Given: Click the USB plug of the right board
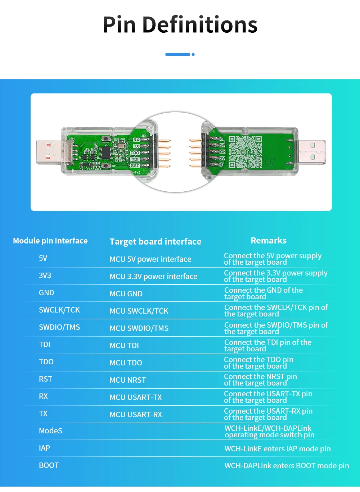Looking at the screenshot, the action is point(312,151).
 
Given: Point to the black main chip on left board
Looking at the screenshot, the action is point(106,152).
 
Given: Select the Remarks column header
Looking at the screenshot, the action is point(269,241).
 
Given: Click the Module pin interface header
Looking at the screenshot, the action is point(50,241).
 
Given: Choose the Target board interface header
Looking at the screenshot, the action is point(156,242).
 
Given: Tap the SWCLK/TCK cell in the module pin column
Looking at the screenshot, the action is point(59,310).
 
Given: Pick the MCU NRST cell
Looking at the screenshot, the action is point(128,380).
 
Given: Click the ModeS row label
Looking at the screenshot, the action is point(51,431).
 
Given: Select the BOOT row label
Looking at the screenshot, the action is point(49,465).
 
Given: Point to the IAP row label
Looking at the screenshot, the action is point(45,448).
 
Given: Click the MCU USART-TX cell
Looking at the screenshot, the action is point(136,397).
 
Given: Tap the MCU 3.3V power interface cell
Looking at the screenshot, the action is point(153,277).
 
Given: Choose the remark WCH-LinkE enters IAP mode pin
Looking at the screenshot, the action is point(278,449).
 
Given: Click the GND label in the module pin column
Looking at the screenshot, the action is point(46,293).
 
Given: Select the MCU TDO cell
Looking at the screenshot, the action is point(126,363).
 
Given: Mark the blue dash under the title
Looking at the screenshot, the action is point(178,54).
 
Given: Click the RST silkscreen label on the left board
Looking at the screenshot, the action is point(135,165).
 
